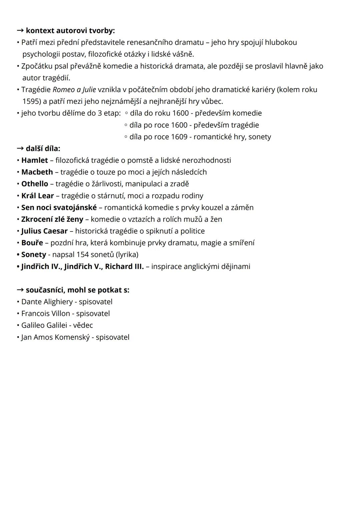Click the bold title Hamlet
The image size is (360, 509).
pos(34,160)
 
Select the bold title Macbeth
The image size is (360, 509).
pos(37,172)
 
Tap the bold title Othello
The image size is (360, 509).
pos(35,184)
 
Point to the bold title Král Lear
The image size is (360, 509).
pos(37,196)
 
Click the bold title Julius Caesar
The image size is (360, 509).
pos(44,231)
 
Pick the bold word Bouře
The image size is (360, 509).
pos(32,243)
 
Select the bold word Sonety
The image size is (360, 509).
pos(33,255)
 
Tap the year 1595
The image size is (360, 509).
pos(31,101)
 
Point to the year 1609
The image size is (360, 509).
pos(179,137)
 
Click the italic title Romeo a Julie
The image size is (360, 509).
pos(74,90)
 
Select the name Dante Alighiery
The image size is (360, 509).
pos(47,302)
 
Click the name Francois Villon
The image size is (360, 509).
pos(46,314)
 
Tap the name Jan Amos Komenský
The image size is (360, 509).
pos(55,337)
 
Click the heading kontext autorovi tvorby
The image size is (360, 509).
pos(70,31)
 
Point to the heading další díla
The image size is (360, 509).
pos(43,148)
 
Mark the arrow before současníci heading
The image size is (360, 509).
pos(20,290)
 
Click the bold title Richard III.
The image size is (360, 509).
pos(124,267)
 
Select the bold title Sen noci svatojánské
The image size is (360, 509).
pos(59,207)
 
